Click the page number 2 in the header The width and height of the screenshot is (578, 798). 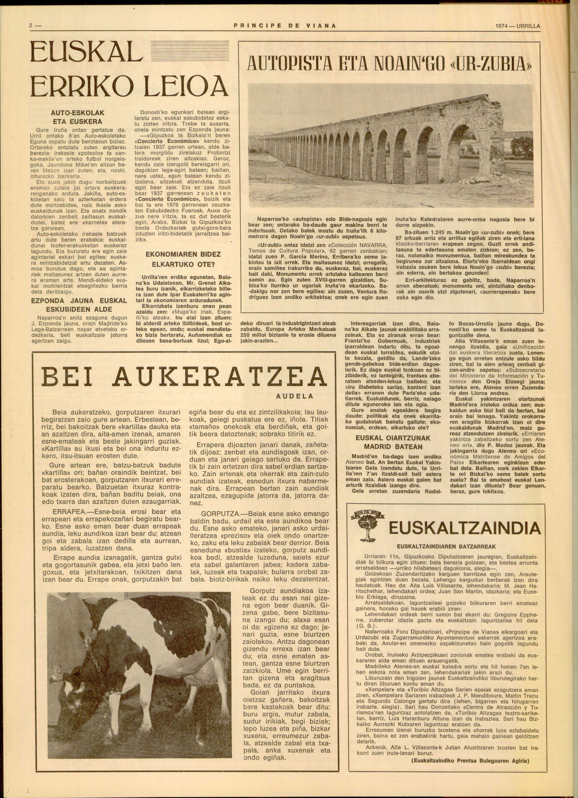31,25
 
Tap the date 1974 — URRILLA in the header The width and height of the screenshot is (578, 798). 517,25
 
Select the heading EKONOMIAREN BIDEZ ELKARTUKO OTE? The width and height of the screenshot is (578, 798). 181,259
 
